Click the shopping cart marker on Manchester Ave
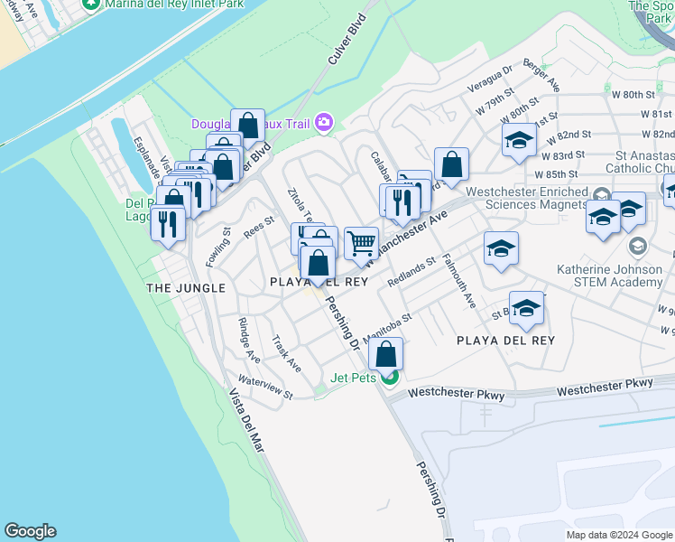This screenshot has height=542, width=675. click(361, 242)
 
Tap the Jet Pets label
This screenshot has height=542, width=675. click(353, 378)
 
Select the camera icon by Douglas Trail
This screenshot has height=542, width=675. click(324, 123)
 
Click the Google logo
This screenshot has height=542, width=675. click(31, 531)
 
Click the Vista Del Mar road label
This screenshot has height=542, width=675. click(246, 420)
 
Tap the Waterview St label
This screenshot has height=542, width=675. click(265, 388)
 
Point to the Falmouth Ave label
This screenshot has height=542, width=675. click(459, 281)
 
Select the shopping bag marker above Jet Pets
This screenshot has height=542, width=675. click(386, 354)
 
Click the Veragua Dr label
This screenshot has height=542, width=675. click(490, 78)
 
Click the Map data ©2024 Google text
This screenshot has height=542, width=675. click(617, 535)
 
